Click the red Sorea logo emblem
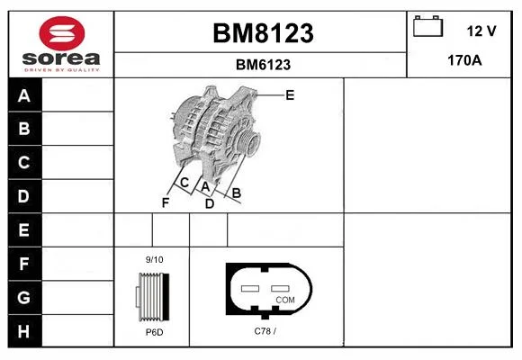[62, 33]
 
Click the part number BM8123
[263, 33]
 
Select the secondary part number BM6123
[263, 65]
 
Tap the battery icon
[427, 26]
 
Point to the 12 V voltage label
[481, 31]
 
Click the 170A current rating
[464, 60]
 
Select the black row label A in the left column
[24, 95]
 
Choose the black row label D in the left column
[24, 196]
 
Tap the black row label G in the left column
[24, 297]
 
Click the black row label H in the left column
[24, 331]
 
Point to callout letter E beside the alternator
[290, 95]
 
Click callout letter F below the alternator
[166, 202]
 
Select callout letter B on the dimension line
[236, 193]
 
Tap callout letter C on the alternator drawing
[184, 183]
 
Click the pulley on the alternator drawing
[248, 142]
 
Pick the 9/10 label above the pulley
[154, 259]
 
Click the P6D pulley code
[154, 332]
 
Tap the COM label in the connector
[285, 300]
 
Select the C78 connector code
[265, 331]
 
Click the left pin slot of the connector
[250, 288]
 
